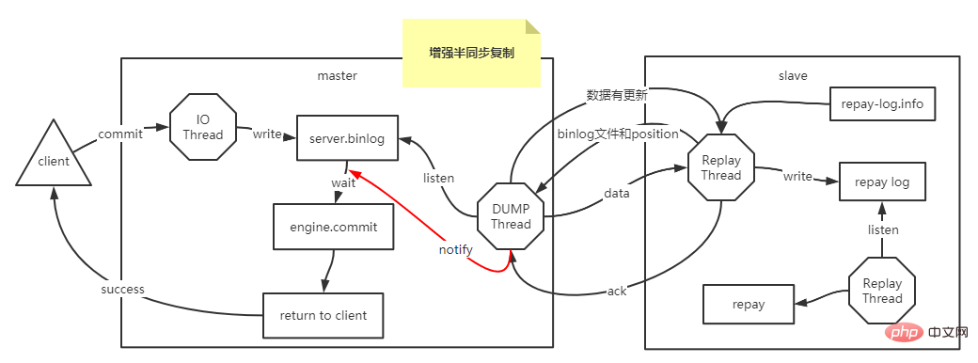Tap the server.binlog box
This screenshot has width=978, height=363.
[x=345, y=138]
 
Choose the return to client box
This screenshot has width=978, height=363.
[x=323, y=315]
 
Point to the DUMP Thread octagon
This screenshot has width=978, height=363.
[x=511, y=215]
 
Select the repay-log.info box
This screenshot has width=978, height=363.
[x=883, y=104]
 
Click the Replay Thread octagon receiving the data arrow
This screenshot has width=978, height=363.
[x=721, y=167]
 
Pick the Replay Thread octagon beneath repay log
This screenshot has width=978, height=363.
[x=882, y=291]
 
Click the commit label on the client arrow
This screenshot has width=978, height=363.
[x=120, y=134]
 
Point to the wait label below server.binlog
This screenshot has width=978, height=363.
[x=342, y=182]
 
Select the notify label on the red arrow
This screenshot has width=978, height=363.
[x=455, y=250]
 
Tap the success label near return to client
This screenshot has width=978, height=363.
[x=123, y=289]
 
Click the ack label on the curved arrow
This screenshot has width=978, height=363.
[x=616, y=291]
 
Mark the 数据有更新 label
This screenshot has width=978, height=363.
[x=616, y=95]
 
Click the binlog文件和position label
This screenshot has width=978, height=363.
[x=618, y=134]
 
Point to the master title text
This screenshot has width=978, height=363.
[x=337, y=75]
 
